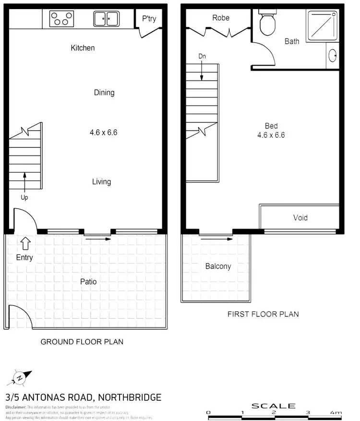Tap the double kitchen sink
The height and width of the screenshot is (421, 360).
click(106, 19)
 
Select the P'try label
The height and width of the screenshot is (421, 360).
click(149, 19)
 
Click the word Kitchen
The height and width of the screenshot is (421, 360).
click(83, 48)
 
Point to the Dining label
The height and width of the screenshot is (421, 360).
click(104, 93)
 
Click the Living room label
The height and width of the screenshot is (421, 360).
click(101, 181)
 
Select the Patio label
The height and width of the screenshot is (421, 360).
click(88, 281)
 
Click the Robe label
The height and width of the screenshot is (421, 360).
click(221, 18)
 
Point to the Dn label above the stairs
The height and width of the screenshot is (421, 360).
click(202, 56)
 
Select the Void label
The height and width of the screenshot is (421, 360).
click(300, 217)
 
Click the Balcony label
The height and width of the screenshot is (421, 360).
click(218, 266)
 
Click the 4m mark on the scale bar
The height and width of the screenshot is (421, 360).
click(336, 413)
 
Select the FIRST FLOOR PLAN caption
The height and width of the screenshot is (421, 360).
click(263, 314)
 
